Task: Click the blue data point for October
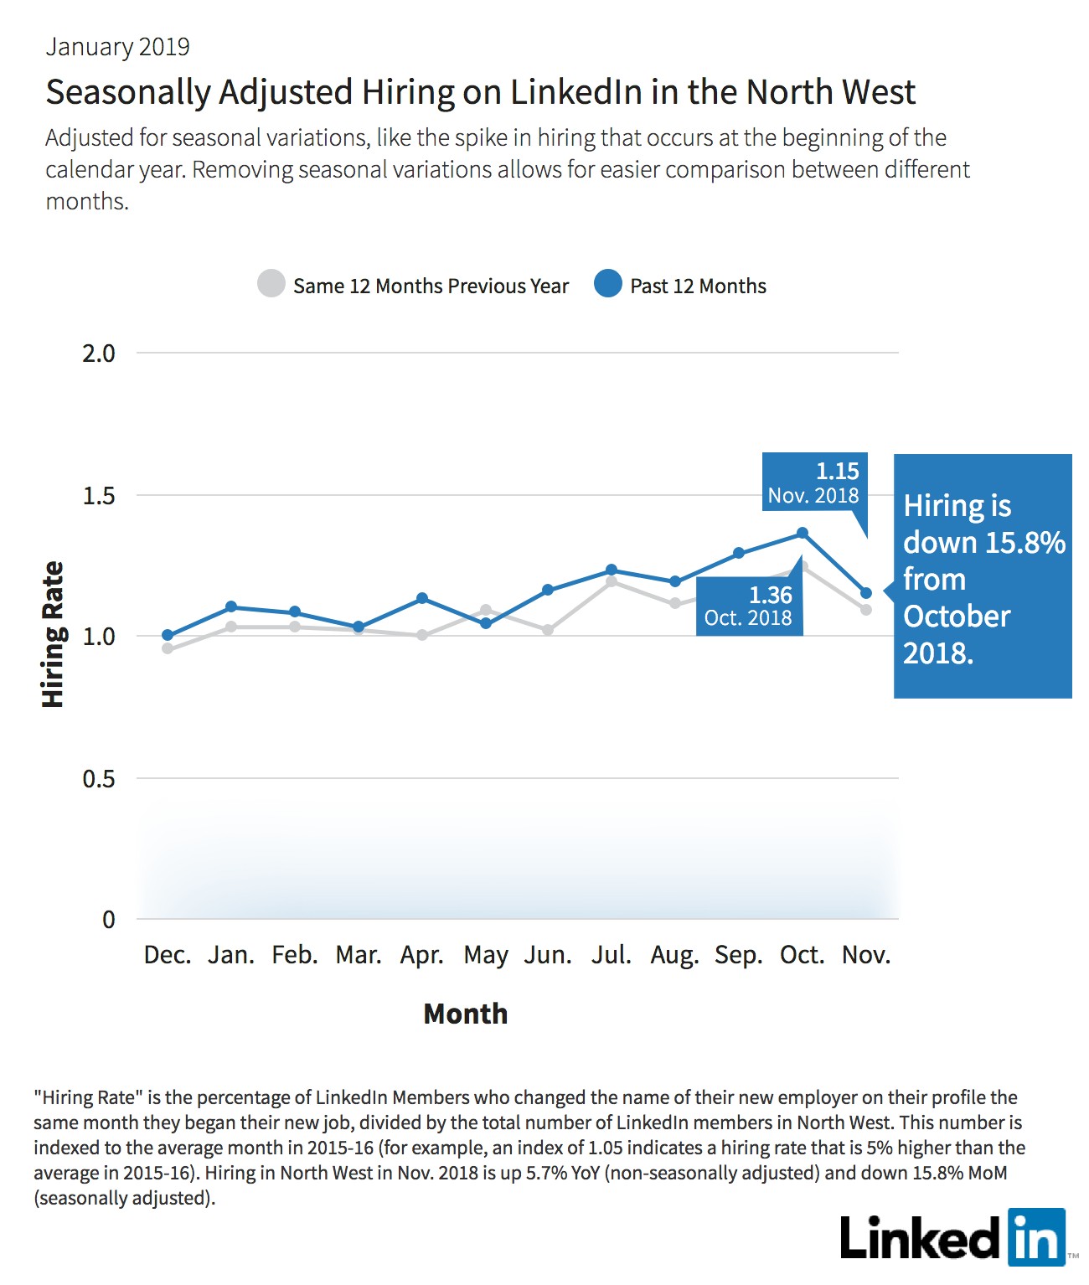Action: (x=802, y=533)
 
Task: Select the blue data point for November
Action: (x=866, y=592)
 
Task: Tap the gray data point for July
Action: (x=611, y=581)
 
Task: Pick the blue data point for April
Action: (x=422, y=598)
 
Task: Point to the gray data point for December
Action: (x=168, y=648)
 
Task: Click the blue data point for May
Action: (x=486, y=623)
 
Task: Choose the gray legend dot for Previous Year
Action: (x=271, y=283)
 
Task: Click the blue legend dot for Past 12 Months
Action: (x=608, y=283)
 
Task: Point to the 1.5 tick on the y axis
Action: (x=99, y=496)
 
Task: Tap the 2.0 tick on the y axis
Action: (x=99, y=354)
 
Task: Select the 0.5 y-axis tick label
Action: (x=99, y=778)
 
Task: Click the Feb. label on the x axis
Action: (x=295, y=955)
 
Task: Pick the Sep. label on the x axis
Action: (x=739, y=956)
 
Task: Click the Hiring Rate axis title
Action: (x=53, y=634)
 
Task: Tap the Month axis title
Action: (x=466, y=1014)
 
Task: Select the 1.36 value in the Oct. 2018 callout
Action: (x=771, y=596)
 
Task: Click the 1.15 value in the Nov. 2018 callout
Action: (x=837, y=472)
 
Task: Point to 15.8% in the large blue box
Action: (x=1025, y=542)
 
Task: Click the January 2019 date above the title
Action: (x=117, y=47)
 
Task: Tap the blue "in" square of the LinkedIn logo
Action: (x=1037, y=1237)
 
